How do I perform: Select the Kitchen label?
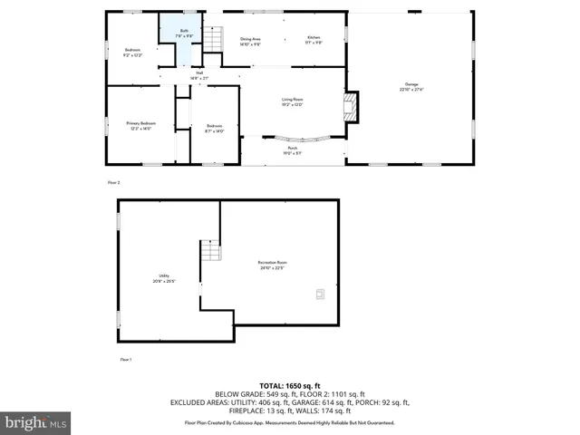pos(314,41)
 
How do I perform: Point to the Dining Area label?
pos(250,41)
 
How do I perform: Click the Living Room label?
pos(291,101)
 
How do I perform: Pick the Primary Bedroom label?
pos(140,125)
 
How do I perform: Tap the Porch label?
pos(293,150)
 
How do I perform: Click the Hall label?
pos(198,75)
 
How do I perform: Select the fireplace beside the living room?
pos(352,106)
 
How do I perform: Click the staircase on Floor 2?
pos(212,41)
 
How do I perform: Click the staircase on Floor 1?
pos(210,250)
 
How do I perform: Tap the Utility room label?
pos(164,278)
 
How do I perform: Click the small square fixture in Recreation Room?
pos(318,293)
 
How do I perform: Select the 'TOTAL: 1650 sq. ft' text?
pos(289,385)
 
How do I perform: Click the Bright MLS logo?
pos(36,422)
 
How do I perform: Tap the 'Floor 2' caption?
pos(113,182)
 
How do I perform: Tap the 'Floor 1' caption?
pos(126,360)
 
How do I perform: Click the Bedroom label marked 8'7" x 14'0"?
pos(215,128)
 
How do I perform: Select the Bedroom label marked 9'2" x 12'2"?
pos(133,53)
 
